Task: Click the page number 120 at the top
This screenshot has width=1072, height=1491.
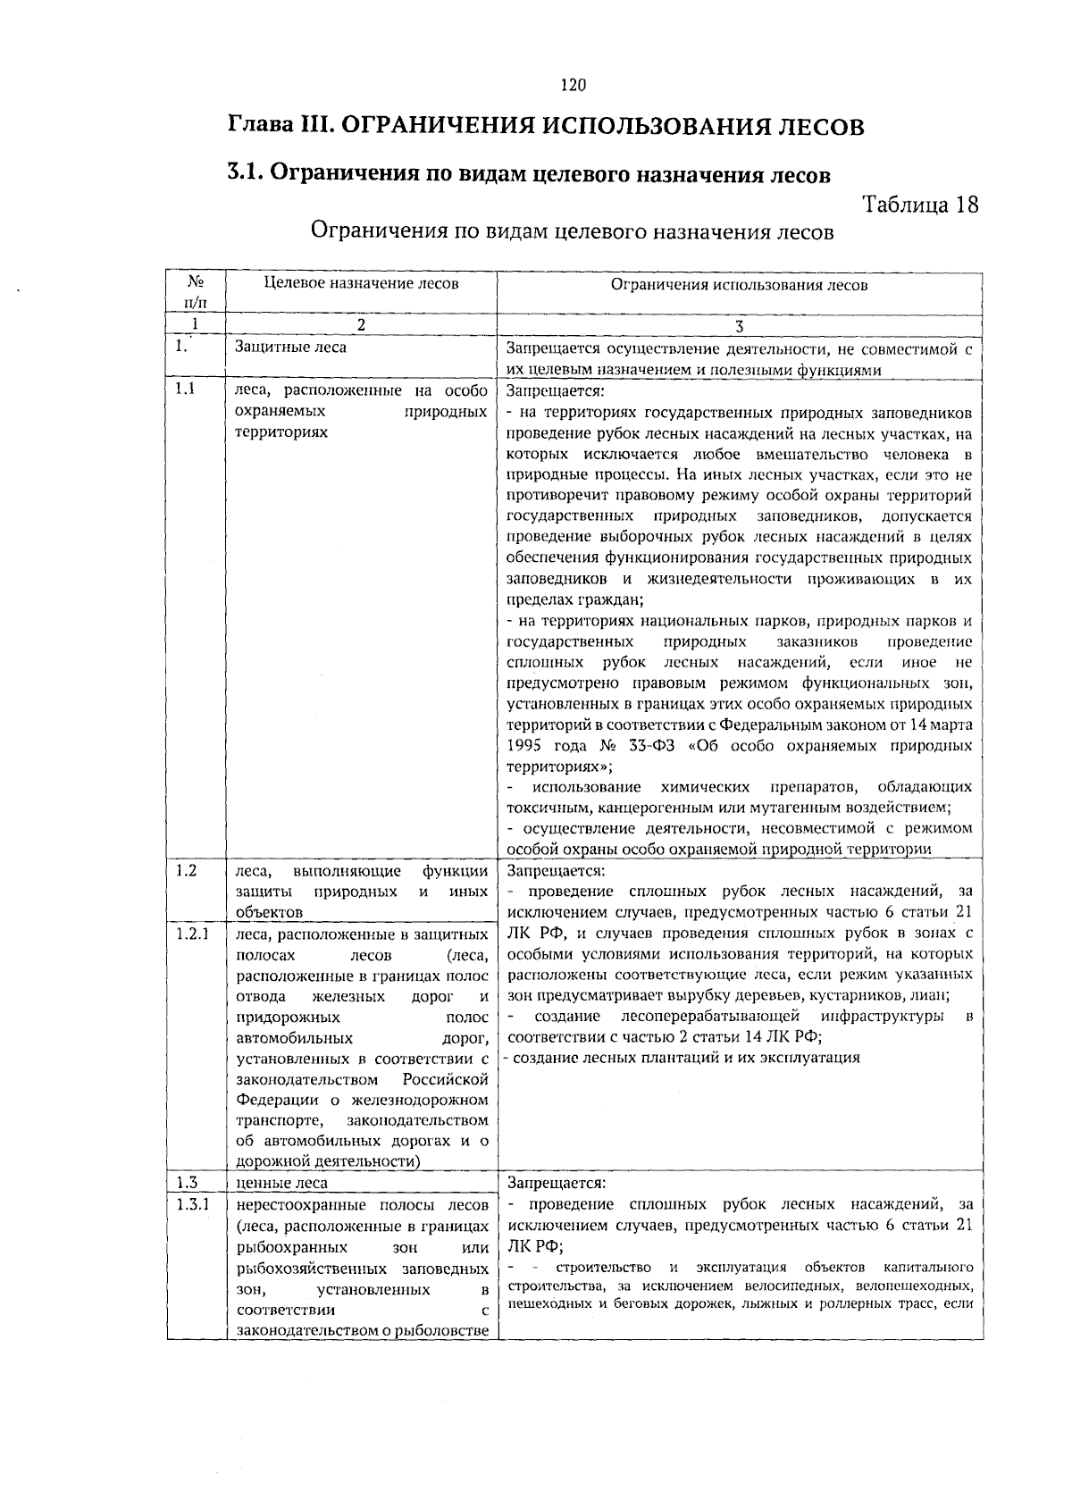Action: (573, 86)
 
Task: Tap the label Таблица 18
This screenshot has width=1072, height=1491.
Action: (920, 205)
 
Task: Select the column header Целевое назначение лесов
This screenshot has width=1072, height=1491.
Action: (361, 283)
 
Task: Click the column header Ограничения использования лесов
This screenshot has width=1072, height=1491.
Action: (739, 285)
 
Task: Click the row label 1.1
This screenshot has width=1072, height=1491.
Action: (185, 390)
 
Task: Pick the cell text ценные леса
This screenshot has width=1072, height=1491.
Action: (281, 1183)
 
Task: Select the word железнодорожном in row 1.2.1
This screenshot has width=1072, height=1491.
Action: (429, 1100)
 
